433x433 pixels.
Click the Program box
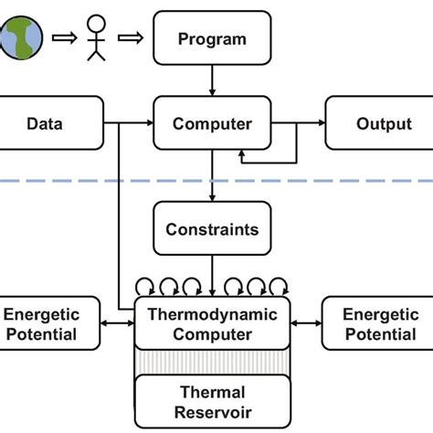coord(212,39)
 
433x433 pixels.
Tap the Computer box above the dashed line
coord(212,123)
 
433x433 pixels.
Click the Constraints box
coord(212,230)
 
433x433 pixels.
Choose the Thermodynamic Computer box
coord(212,323)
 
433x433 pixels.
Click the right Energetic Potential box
coord(379,323)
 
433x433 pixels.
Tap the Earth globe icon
coord(20,37)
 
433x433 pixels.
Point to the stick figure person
coord(96,38)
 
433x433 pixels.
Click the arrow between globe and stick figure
coord(61,38)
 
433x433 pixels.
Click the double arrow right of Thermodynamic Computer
coord(305,323)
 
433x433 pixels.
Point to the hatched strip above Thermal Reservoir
coord(212,362)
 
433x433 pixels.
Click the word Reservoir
coord(212,412)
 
